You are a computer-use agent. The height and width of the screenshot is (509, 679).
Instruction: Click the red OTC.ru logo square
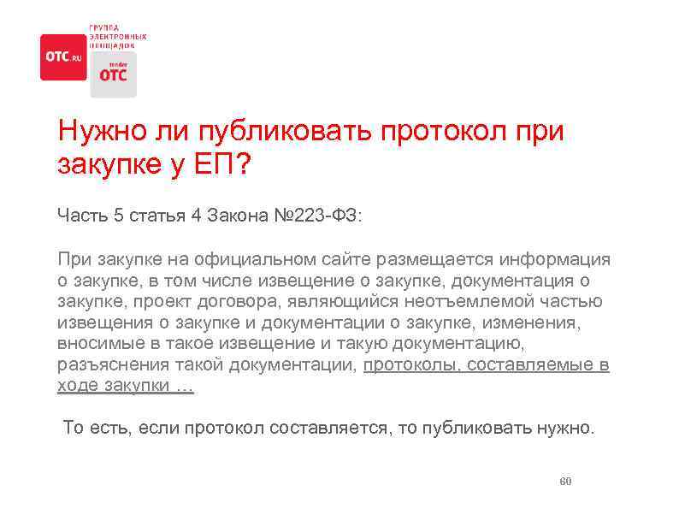coord(63,56)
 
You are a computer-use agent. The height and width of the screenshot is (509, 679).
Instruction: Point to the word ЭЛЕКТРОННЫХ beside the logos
coord(117,37)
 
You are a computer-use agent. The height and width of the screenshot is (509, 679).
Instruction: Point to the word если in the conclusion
coord(150,428)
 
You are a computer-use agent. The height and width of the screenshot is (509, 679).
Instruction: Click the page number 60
coord(564,482)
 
